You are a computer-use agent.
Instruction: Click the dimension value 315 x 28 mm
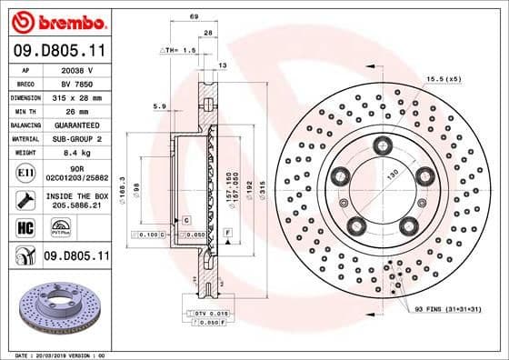click(x=76, y=95)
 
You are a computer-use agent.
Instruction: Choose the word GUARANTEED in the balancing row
click(x=76, y=124)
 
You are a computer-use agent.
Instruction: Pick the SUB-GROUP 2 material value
click(x=76, y=138)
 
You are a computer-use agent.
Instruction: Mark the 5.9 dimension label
click(x=160, y=107)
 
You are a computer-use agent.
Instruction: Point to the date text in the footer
click(x=57, y=354)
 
